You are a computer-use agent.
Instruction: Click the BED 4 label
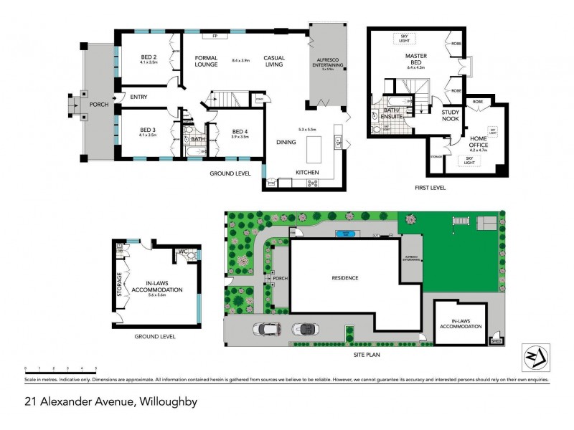click(x=240, y=133)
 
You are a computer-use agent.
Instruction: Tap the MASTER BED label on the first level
click(x=416, y=58)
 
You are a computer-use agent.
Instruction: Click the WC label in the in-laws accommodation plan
click(x=183, y=252)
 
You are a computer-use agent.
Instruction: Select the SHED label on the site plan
click(x=494, y=342)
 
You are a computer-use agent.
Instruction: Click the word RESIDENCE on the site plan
click(x=345, y=278)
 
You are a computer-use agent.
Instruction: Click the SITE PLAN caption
click(x=365, y=354)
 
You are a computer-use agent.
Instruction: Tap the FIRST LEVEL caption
click(x=430, y=187)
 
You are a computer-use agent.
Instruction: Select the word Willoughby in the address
click(x=165, y=402)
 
